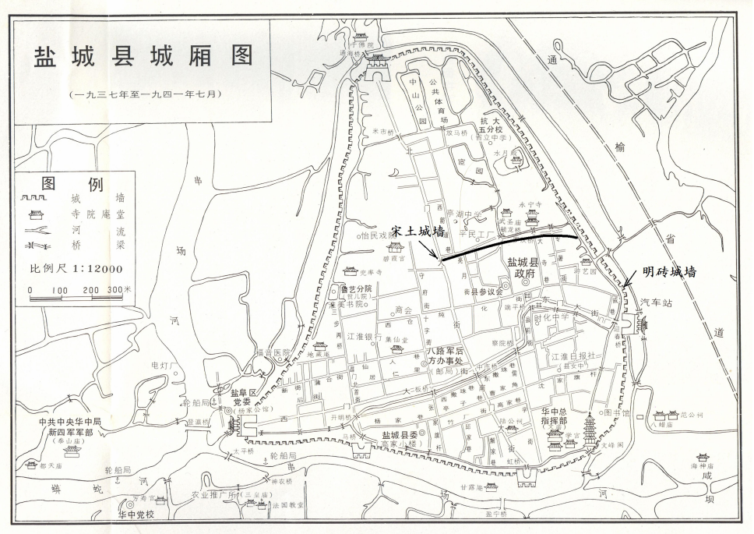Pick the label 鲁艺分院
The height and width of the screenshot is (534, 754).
coord(357,289)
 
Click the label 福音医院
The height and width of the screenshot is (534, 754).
coord(272,352)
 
